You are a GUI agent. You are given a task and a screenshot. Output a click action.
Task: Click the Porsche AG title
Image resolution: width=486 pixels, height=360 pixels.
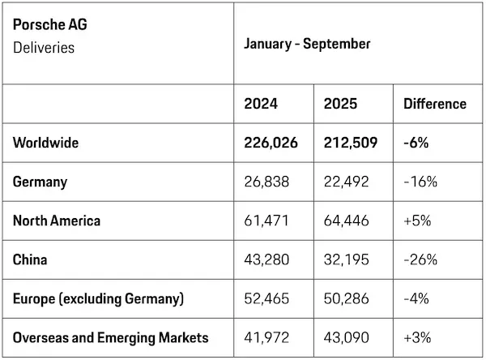click(50, 25)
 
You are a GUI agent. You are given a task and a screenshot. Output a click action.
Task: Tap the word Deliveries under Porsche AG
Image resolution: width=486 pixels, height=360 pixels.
click(44, 48)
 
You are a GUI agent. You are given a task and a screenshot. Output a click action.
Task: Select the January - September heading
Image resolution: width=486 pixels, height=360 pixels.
click(307, 44)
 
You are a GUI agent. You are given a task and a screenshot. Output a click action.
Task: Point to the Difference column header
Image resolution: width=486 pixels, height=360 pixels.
click(435, 104)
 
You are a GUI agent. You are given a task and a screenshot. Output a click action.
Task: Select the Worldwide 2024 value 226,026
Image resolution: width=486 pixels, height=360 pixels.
click(271, 143)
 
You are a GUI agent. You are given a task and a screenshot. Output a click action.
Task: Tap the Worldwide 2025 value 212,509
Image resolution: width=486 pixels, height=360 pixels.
click(351, 143)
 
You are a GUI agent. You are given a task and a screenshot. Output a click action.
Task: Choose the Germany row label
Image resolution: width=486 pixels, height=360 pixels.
click(40, 182)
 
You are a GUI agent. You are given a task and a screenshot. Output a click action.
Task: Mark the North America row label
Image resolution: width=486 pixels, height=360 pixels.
click(57, 221)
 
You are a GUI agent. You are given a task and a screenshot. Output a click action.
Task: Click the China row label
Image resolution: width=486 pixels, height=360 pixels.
click(30, 259)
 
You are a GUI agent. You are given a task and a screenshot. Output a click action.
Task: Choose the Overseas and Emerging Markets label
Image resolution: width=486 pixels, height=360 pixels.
click(110, 337)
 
